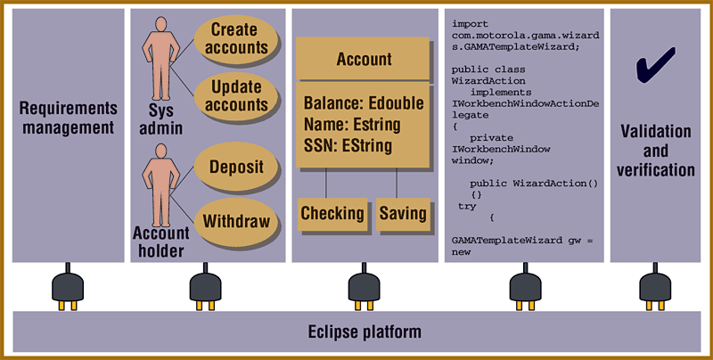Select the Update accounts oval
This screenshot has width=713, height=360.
(239, 97)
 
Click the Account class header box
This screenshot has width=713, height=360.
(364, 60)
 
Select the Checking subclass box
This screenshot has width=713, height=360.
(332, 214)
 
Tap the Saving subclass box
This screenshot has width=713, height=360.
(403, 214)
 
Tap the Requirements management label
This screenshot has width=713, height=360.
(68, 118)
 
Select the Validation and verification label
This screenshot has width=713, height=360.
(655, 151)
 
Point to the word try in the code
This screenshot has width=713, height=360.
(467, 206)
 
